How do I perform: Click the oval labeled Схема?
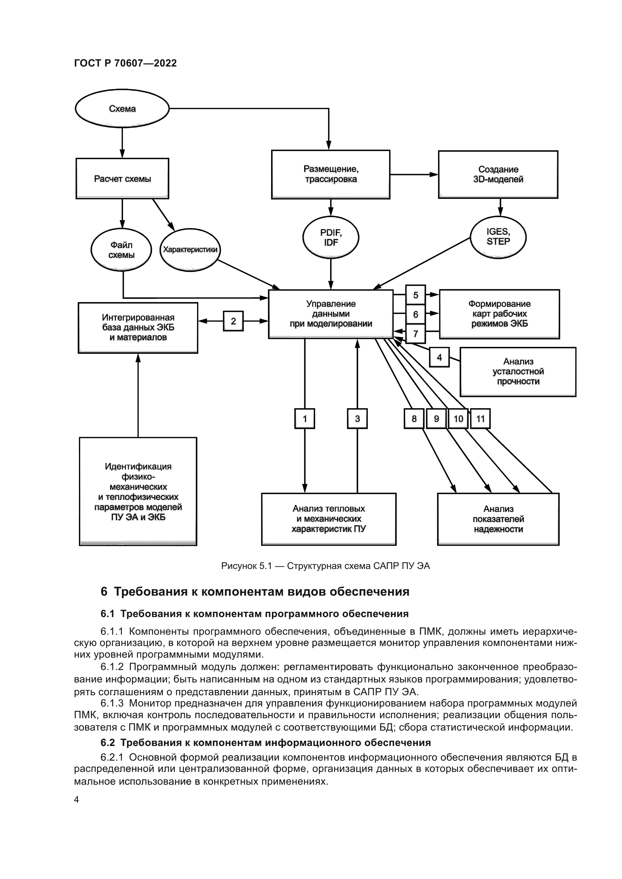[122, 109]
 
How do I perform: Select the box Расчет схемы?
[122, 179]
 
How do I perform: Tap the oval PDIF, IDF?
[331, 238]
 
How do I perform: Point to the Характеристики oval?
[190, 250]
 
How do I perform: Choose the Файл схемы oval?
[121, 250]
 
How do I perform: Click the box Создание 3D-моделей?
[498, 174]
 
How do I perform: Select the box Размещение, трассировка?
[331, 174]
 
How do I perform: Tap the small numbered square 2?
[233, 321]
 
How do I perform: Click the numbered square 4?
[439, 357]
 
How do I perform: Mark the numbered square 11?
[480, 418]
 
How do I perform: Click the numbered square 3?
[357, 418]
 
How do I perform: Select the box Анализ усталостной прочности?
[518, 372]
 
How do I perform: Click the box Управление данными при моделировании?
[331, 314]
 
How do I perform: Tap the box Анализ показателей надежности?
[498, 519]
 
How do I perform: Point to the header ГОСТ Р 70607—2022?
[125, 63]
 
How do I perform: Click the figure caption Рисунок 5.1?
[325, 566]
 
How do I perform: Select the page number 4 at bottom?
[76, 799]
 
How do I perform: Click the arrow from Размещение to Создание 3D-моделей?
[414, 175]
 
